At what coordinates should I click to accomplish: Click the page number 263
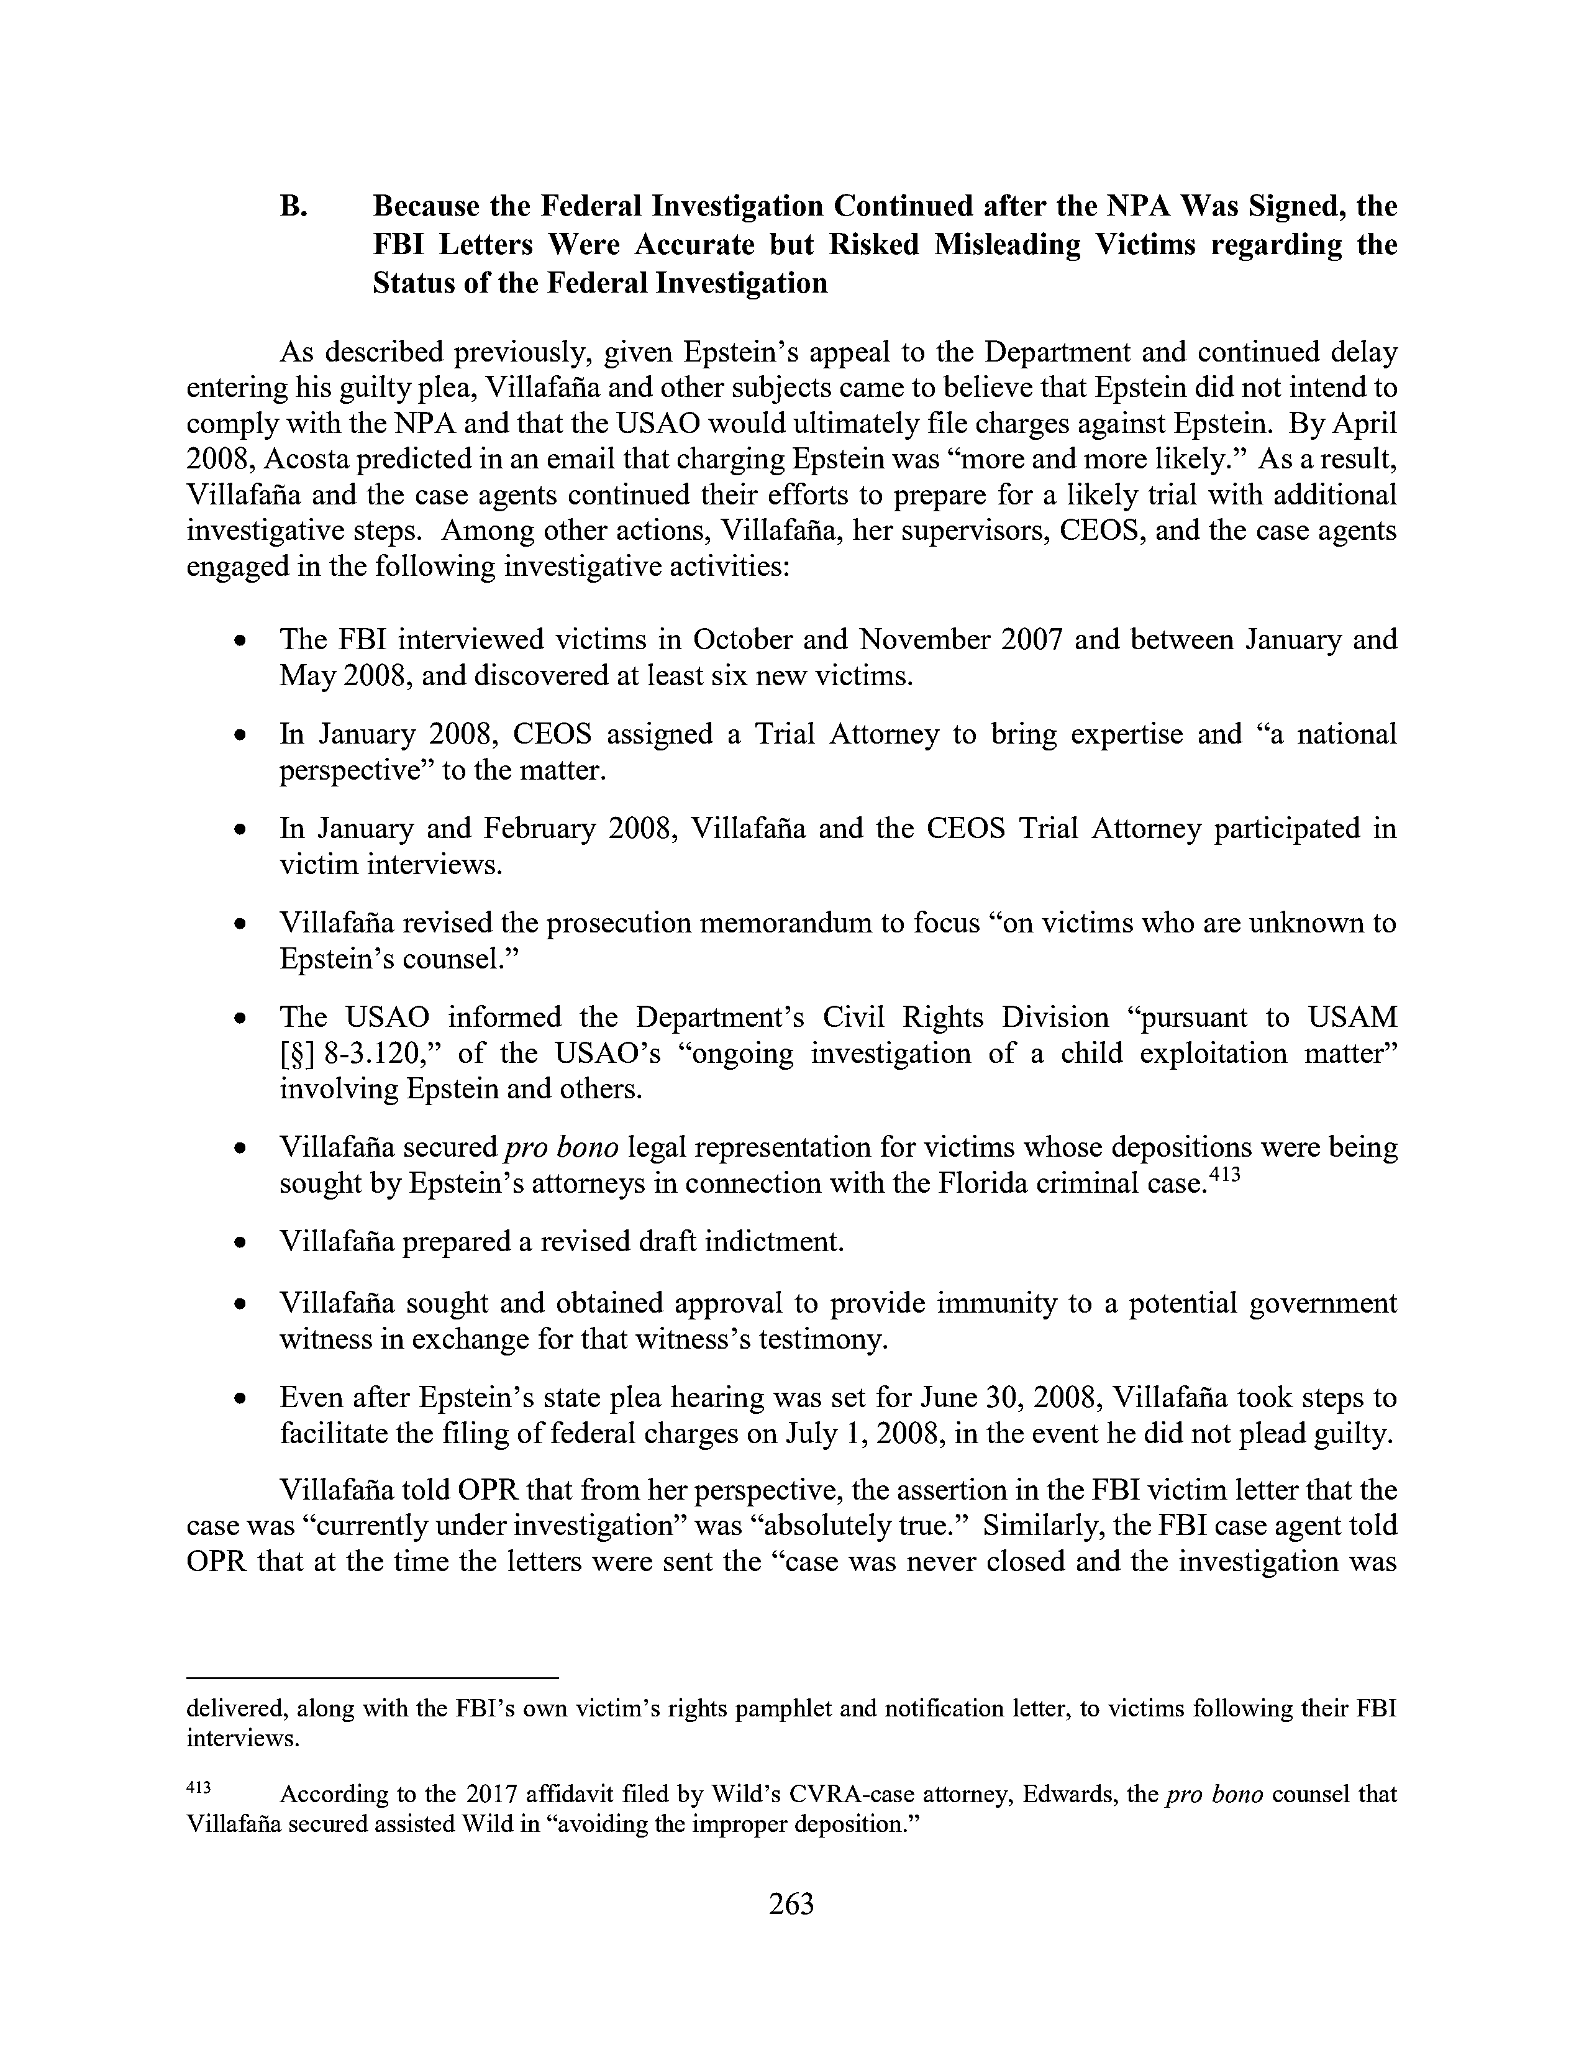point(791,1905)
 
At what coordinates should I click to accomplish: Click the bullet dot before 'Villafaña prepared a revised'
point(242,1244)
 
